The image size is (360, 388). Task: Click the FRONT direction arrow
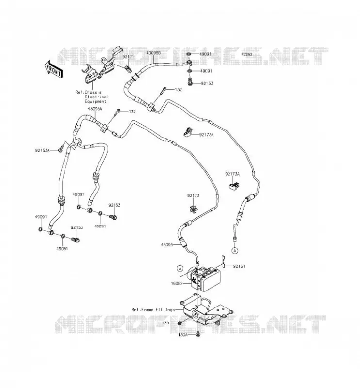pyautogui.click(x=53, y=69)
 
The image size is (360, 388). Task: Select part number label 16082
pyautogui.click(x=177, y=283)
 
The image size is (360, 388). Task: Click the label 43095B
pyautogui.click(x=153, y=53)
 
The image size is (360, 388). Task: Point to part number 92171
pyautogui.click(x=128, y=57)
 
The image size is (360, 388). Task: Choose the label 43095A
pyautogui.click(x=95, y=108)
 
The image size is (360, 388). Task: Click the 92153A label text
pyautogui.click(x=42, y=150)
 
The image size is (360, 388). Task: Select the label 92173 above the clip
pyautogui.click(x=194, y=196)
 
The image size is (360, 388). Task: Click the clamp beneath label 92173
pyautogui.click(x=193, y=209)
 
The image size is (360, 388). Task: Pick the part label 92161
pyautogui.click(x=239, y=266)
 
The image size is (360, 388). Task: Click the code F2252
pyautogui.click(x=246, y=54)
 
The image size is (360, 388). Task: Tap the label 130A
pyautogui.click(x=183, y=335)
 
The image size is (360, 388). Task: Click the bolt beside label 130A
pyautogui.click(x=198, y=335)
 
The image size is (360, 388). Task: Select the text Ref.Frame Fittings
pyautogui.click(x=153, y=310)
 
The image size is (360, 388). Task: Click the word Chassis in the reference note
pyautogui.click(x=93, y=92)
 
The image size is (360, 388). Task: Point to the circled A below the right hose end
pyautogui.click(x=235, y=251)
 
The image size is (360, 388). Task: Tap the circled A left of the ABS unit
pyautogui.click(x=180, y=268)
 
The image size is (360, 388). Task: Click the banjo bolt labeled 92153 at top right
pyautogui.click(x=190, y=81)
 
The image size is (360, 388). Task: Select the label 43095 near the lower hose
pyautogui.click(x=167, y=245)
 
